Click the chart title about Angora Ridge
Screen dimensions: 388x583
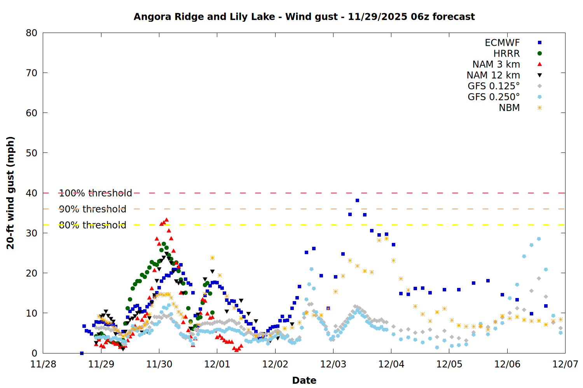[304, 17]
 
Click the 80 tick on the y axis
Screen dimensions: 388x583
[31, 33]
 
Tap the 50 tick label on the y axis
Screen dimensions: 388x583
[31, 153]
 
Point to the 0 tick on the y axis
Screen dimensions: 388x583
[34, 353]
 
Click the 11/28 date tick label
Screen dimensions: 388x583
[43, 364]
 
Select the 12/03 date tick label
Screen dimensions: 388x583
[333, 364]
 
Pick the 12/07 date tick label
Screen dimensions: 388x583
[565, 364]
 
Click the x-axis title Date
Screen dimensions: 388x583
[304, 380]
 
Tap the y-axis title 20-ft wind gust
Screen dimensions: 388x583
[10, 193]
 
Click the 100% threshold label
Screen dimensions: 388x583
[95, 193]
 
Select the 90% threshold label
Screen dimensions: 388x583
[93, 209]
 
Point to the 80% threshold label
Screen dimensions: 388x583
[93, 225]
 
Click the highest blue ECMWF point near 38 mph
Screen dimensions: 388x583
[357, 201]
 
